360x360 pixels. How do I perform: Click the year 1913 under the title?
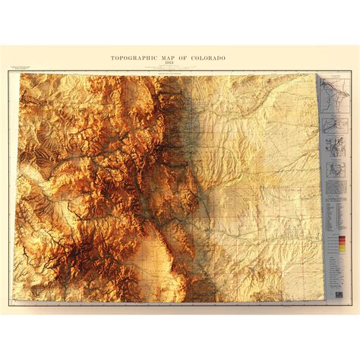point(180,64)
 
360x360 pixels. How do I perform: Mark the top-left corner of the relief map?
point(21,74)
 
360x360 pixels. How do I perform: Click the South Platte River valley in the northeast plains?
point(251,114)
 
